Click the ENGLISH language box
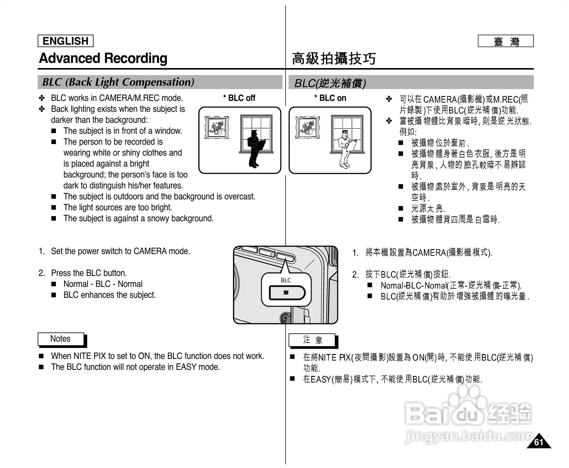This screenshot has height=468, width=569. [65, 41]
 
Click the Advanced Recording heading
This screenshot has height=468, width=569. [103, 58]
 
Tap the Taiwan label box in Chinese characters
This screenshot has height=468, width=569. [506, 41]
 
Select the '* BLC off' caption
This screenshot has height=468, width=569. [239, 98]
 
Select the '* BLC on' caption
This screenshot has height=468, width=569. [330, 98]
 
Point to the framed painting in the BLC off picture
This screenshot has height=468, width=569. [217, 127]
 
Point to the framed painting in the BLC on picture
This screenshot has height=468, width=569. [307, 127]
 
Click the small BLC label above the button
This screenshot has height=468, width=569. [286, 280]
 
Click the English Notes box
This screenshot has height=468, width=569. [60, 339]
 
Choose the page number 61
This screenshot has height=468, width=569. [538, 442]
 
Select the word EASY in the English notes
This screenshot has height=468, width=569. [186, 367]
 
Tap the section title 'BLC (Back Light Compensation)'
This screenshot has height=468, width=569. [118, 82]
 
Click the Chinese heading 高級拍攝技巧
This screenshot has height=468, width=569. [334, 59]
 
